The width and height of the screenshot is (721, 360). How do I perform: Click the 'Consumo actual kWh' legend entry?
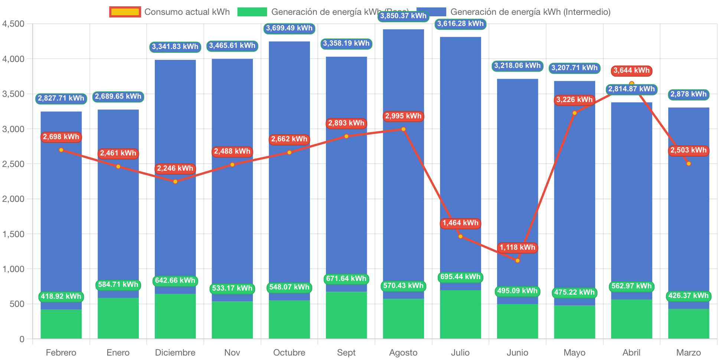[x=170, y=12]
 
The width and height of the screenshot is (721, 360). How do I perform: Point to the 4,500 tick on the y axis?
[x=13, y=24]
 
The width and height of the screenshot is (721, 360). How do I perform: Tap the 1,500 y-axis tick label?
[x=13, y=234]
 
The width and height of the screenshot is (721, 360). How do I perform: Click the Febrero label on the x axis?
[x=61, y=352]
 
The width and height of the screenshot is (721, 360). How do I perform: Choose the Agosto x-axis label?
[x=403, y=352]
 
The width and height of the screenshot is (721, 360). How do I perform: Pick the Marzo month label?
[x=688, y=352]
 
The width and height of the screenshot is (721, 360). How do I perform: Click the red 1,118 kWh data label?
[x=517, y=248]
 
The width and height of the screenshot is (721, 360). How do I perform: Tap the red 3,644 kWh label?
[x=631, y=71]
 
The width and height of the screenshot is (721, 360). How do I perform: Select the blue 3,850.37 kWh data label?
[x=403, y=16]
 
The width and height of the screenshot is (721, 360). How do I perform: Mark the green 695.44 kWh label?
[x=460, y=277]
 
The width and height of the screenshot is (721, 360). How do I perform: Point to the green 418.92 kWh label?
[x=61, y=297]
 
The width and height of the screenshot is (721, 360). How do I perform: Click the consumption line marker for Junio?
[x=518, y=261]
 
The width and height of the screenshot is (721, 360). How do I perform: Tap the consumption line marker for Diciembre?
[x=175, y=181]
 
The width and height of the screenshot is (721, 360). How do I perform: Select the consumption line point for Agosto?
[x=404, y=129]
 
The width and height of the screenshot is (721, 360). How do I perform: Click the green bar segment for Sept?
[x=346, y=315]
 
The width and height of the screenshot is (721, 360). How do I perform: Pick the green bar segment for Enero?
[x=118, y=318]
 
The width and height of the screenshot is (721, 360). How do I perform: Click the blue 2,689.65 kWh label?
[x=118, y=96]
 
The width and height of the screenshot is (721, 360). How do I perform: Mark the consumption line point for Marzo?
[x=689, y=164]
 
